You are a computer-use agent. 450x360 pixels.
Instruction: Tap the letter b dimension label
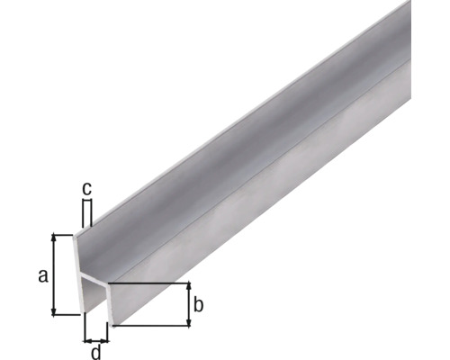pos(199,305)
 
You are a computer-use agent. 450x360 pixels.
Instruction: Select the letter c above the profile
pos(87,189)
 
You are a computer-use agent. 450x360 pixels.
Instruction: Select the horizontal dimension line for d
pos(97,340)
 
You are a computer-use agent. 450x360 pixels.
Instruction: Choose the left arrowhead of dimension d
pos(87,340)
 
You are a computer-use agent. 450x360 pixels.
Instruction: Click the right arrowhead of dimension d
pos(106,340)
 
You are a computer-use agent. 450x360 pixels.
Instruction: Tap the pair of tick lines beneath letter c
pos(87,213)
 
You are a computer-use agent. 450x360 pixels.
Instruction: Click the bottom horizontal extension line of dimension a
pos(67,314)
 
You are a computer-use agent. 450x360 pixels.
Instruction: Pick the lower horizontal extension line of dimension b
pos(153,325)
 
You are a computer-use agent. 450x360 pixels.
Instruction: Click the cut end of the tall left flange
pos(80,270)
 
